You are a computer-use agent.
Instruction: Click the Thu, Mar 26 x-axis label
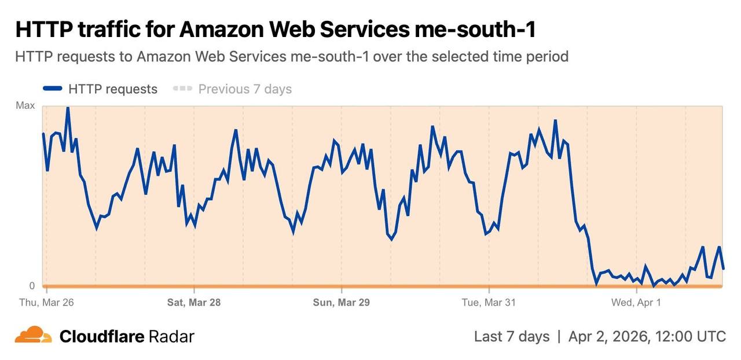[46, 302]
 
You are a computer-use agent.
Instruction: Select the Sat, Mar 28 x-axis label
[194, 302]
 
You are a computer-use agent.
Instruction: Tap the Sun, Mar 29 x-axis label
[341, 302]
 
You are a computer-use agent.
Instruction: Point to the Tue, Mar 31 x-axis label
[489, 302]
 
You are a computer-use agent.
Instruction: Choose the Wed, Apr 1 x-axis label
[636, 302]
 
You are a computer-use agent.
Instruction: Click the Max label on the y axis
[25, 106]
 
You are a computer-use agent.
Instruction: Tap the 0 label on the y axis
[32, 285]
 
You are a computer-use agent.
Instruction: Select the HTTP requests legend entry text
[113, 89]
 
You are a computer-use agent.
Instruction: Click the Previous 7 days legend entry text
[245, 89]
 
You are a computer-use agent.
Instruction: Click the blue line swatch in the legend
[52, 89]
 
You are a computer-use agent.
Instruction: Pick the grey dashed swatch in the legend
[182, 89]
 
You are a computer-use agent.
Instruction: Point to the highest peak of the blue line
[68, 108]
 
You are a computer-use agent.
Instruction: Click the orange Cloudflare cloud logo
[33, 335]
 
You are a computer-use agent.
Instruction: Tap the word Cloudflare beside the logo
[102, 336]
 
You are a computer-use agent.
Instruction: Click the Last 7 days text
[511, 336]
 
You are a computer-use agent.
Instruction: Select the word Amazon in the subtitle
[163, 57]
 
